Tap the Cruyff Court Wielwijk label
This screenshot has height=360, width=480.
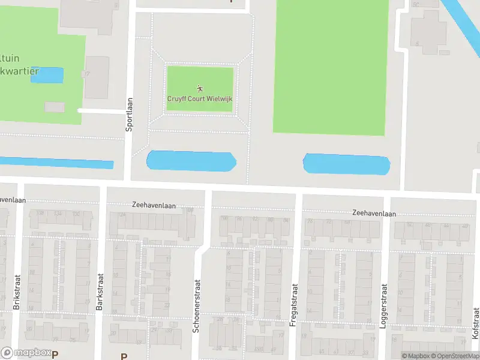pyautogui.click(x=199, y=99)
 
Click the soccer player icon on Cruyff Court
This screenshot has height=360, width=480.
pyautogui.click(x=200, y=89)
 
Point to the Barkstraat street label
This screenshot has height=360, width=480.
pyautogui.click(x=100, y=292)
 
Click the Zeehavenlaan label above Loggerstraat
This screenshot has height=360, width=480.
pyautogui.click(x=374, y=213)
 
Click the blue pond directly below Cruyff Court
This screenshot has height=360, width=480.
pyautogui.click(x=191, y=161)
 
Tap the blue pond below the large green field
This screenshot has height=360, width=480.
pyautogui.click(x=347, y=164)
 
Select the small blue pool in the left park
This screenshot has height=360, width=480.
pyautogui.click(x=47, y=75)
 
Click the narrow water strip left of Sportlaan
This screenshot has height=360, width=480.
pyautogui.click(x=57, y=163)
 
